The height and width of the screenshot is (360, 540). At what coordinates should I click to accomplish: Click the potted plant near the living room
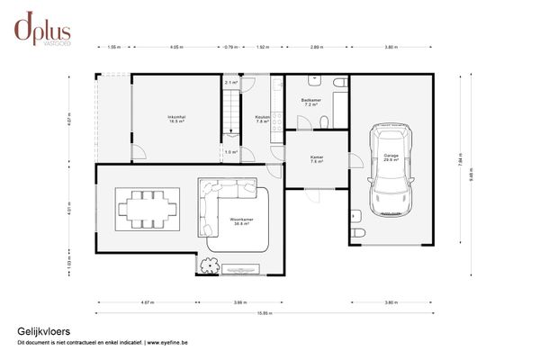211,265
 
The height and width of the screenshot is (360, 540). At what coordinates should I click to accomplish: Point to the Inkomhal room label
175,120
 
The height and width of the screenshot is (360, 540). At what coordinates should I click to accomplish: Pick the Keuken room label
263,120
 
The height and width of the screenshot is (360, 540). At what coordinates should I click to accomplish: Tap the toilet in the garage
357,232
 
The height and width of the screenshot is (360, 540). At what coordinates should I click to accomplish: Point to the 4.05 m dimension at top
175,46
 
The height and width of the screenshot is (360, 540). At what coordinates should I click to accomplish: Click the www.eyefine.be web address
163,343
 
